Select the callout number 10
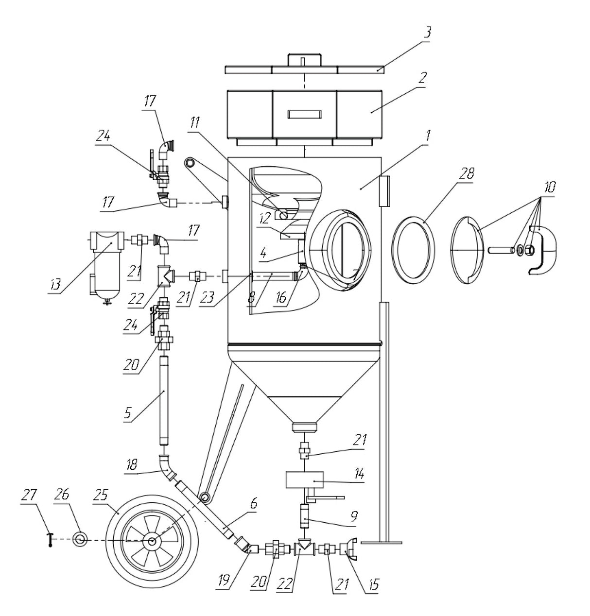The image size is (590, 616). click(550, 187)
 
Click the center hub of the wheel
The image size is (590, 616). click(152, 541)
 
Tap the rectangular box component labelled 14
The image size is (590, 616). click(305, 480)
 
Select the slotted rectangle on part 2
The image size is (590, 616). click(304, 114)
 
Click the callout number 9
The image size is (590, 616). click(353, 519)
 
